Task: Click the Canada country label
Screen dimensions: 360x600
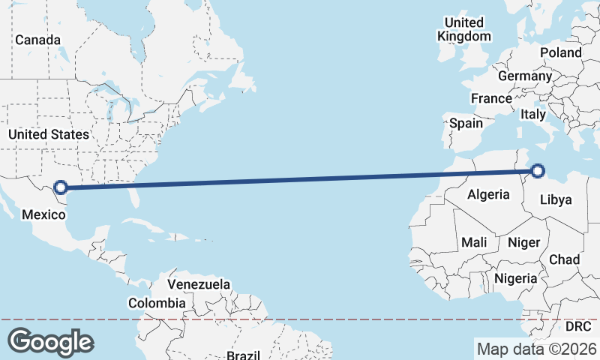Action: pos(38,39)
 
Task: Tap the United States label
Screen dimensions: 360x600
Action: pos(49,134)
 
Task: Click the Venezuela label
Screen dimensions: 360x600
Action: pos(199,284)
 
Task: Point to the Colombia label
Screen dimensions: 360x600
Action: pos(156,303)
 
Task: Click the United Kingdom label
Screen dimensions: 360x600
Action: pos(464,29)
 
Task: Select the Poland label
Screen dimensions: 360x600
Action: pos(560,52)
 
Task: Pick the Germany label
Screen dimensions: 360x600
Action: pos(524,76)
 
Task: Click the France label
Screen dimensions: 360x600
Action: pos(491,98)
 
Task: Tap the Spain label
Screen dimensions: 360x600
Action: pos(466,123)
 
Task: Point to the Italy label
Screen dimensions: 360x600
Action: pos(532,115)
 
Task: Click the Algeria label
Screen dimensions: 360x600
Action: pos(489,194)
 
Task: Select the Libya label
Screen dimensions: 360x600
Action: pos(556,200)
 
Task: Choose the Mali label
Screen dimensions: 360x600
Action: pos(474,242)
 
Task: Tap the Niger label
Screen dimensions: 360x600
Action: pos(523,242)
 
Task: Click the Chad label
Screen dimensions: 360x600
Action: pos(565,259)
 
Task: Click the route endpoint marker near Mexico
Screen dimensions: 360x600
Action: pos(61,187)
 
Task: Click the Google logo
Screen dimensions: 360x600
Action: pos(50,341)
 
